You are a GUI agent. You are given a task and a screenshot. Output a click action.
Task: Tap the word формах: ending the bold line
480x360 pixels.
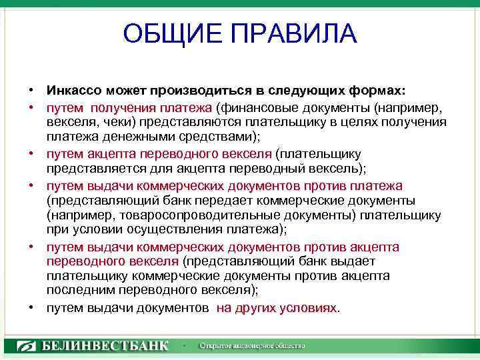385,90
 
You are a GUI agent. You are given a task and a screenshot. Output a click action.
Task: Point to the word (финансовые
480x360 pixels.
253,107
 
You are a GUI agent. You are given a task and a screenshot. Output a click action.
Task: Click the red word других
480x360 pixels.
250,308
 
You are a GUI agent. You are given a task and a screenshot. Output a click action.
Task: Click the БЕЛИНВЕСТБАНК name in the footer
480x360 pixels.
105,345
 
